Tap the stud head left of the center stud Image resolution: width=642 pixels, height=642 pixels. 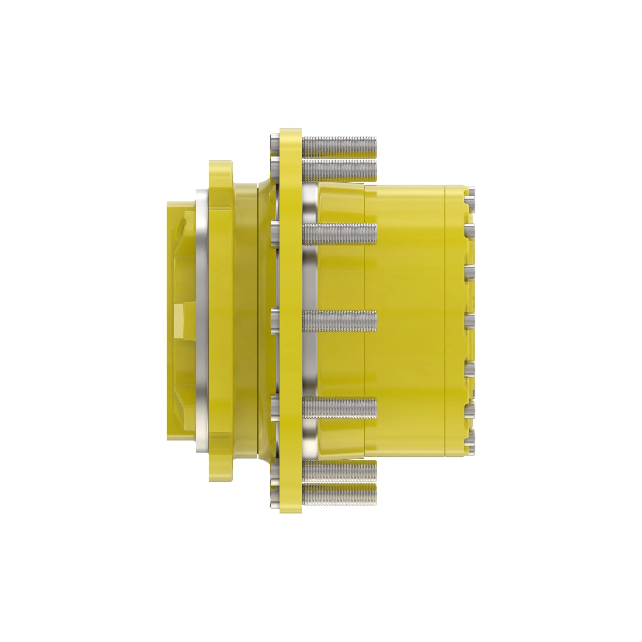[x=275, y=321]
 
